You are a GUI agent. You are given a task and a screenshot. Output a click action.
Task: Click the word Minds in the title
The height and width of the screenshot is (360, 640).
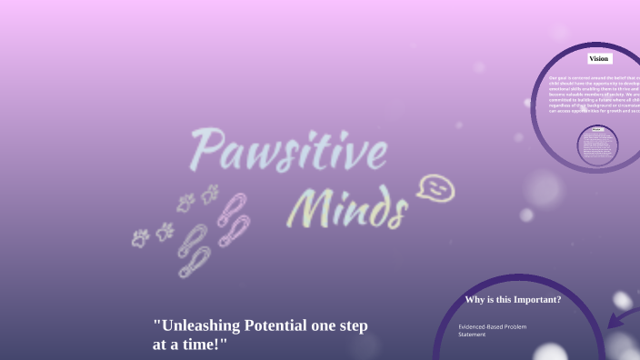(x=346, y=210)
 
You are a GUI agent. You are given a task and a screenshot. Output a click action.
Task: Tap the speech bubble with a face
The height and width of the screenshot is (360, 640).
(x=435, y=189)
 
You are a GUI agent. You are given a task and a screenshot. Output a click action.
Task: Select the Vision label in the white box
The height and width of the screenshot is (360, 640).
(x=598, y=58)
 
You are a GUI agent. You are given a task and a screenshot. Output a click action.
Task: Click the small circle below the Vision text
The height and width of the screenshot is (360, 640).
(x=597, y=145)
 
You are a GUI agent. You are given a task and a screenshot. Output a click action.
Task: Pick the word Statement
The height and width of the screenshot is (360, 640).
(x=472, y=335)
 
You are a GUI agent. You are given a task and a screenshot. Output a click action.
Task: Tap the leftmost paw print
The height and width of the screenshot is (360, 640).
(x=140, y=238)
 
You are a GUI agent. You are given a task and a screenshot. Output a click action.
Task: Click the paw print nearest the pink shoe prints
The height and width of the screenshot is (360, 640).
(x=210, y=194)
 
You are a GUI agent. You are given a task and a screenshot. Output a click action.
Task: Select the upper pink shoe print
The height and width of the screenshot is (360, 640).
(x=232, y=208)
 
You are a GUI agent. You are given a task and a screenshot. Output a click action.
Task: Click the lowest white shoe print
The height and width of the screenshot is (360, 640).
(x=194, y=263)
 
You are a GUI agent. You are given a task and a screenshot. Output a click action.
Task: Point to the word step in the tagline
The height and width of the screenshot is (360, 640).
(x=350, y=326)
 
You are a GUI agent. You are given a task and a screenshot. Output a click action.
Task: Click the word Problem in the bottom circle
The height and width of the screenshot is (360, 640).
(x=516, y=326)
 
